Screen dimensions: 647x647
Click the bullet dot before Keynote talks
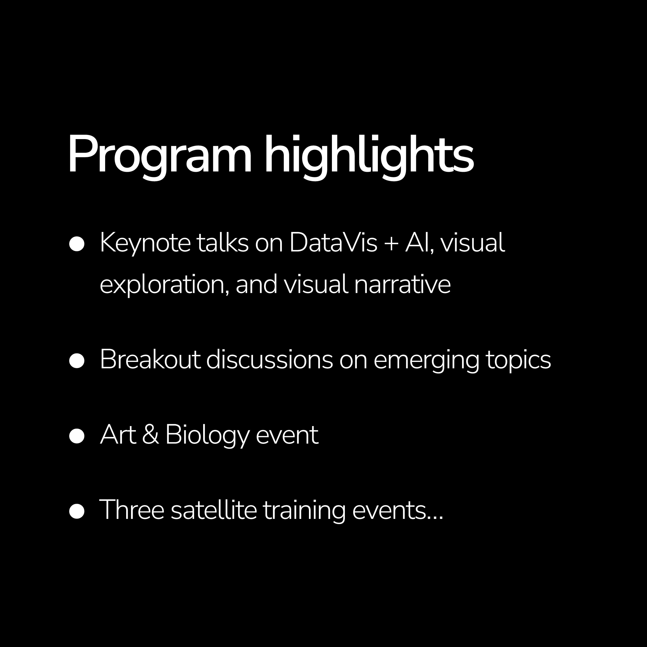[x=77, y=244]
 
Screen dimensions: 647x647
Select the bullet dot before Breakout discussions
[x=77, y=361]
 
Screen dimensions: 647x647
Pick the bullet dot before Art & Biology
[x=77, y=436]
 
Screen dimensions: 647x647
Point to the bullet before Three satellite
[x=77, y=511]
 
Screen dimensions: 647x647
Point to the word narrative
[x=402, y=284]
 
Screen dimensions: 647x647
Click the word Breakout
[x=150, y=360]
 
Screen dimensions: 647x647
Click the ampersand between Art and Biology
[x=150, y=435]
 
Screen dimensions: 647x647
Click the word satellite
[x=214, y=510]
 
